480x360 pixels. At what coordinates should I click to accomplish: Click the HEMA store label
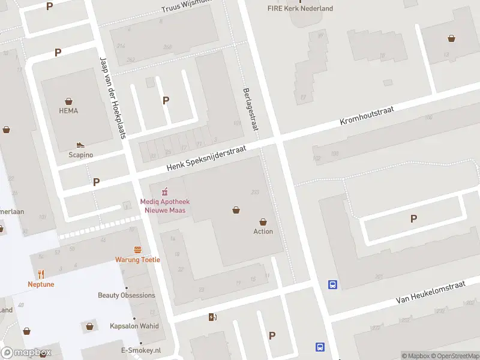tap(68, 111)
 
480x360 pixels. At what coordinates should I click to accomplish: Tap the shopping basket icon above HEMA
tap(68, 101)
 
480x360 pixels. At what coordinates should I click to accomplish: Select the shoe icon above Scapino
tap(80, 145)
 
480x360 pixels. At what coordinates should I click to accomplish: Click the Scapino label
tap(80, 155)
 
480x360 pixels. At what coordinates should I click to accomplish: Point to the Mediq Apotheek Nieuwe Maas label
tap(163, 206)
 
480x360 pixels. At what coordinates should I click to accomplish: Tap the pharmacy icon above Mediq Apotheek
tap(163, 192)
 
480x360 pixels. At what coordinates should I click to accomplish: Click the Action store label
tap(263, 232)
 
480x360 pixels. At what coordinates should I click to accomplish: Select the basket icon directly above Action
tap(263, 222)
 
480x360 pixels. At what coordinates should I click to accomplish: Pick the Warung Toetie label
tap(138, 260)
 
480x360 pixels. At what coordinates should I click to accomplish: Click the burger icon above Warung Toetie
tap(138, 250)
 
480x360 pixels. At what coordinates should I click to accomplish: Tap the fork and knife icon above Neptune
tap(41, 274)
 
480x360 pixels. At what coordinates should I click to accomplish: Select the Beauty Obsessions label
tap(127, 295)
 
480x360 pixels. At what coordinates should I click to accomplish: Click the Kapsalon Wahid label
tap(134, 326)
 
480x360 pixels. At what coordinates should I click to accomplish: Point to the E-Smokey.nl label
tap(141, 350)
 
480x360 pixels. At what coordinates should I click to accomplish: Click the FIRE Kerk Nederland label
tap(300, 8)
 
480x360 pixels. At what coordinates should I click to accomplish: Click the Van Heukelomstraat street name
tap(431, 293)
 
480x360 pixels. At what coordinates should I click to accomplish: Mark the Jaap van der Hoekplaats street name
tap(112, 97)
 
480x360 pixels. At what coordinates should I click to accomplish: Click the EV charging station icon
tap(211, 317)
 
